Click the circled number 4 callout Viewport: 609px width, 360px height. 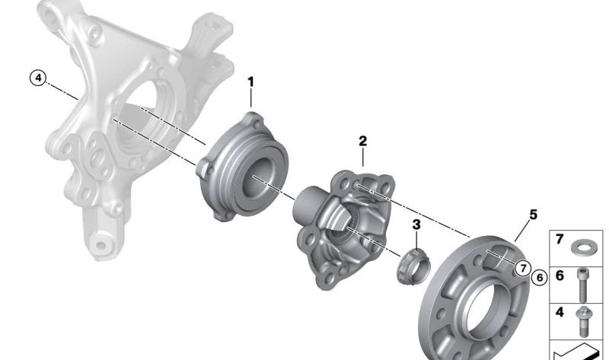(x=38, y=78)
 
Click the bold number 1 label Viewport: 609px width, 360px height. (x=251, y=82)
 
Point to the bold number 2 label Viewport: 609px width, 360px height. (x=363, y=141)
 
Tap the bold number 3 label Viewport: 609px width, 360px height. (x=416, y=225)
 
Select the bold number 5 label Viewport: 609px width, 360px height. (x=534, y=215)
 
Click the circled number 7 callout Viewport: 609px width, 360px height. (x=523, y=268)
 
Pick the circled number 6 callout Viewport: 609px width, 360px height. (x=540, y=278)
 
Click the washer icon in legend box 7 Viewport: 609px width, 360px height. (x=581, y=247)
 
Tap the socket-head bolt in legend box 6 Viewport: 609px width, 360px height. (x=582, y=285)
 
